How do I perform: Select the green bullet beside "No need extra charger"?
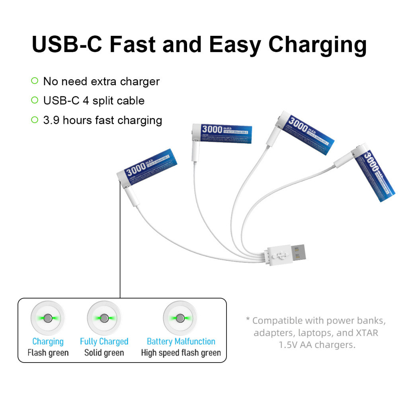point(35,81)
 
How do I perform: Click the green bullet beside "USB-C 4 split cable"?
point(35,100)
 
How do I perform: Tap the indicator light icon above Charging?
point(48,318)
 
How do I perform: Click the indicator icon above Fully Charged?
point(104,318)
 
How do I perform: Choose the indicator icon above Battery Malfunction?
point(180,318)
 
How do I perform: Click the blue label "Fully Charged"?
point(104,341)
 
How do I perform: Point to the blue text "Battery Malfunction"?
point(181,341)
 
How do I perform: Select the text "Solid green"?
point(104,353)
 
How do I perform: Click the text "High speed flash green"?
point(181,353)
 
